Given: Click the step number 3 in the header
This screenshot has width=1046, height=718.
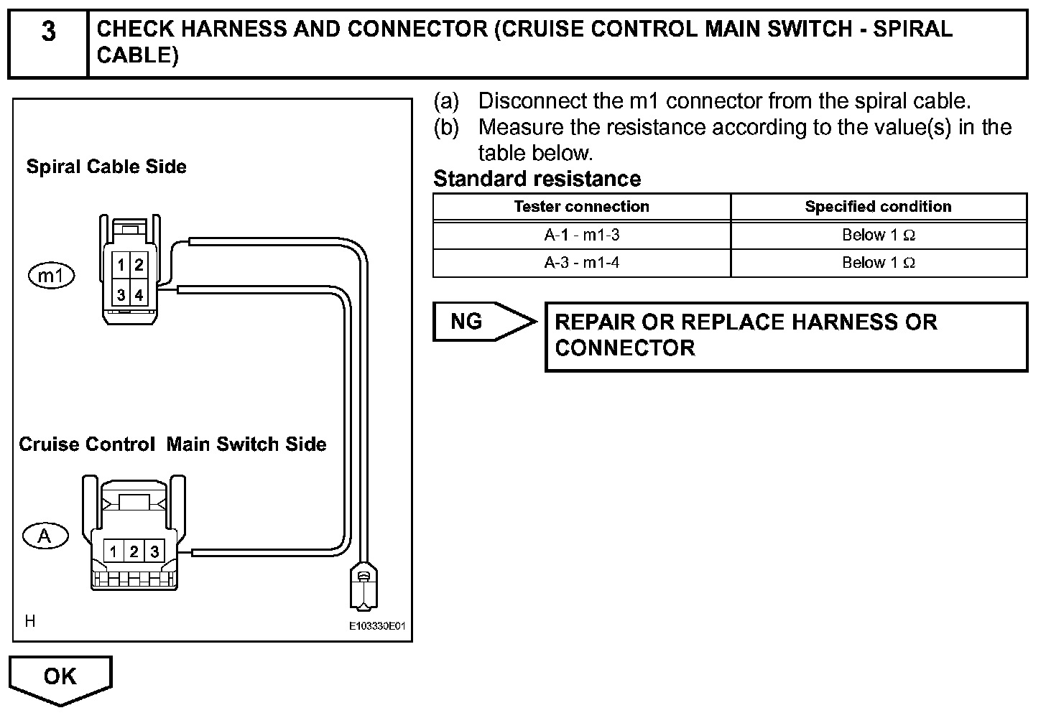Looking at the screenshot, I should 47,32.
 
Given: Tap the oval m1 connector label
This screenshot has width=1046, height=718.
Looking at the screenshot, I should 51,275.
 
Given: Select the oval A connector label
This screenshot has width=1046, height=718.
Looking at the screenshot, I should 45,536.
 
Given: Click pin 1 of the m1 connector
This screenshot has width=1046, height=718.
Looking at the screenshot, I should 121,265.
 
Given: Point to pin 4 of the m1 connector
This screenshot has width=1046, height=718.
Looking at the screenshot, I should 139,295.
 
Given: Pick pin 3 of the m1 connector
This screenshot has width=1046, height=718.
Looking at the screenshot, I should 121,295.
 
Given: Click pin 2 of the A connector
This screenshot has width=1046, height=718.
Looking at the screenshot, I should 134,551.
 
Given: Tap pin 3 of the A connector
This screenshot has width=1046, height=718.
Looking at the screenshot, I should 154,551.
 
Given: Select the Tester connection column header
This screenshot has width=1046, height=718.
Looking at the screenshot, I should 581,207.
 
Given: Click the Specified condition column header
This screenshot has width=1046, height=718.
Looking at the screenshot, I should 878,207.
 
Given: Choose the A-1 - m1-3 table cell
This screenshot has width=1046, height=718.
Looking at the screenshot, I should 581,235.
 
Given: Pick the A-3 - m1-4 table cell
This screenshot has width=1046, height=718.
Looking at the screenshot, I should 581,263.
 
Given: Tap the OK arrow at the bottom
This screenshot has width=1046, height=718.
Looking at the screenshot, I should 60,677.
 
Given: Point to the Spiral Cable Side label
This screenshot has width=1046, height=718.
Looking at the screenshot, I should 106,167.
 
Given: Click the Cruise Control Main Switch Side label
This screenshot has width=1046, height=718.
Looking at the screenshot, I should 172,444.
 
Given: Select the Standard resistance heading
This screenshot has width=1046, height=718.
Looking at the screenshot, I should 537,179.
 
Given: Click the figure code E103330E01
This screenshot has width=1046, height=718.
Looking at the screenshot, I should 377,626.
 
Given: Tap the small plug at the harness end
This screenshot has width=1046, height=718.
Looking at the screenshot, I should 364,584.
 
